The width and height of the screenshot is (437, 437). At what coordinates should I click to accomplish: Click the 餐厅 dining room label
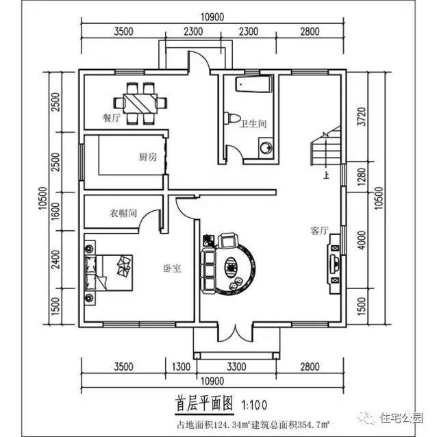click(112, 117)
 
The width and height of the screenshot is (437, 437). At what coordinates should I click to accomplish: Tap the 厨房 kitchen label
click(148, 157)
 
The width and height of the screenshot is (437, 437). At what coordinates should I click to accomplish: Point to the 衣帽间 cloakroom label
click(124, 213)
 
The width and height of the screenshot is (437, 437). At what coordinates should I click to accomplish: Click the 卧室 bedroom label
click(172, 269)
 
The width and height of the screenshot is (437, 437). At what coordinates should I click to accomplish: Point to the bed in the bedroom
click(107, 269)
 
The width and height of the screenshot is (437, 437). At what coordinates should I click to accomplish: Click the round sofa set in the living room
click(229, 264)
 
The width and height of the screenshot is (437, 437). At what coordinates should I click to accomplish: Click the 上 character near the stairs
click(326, 175)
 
